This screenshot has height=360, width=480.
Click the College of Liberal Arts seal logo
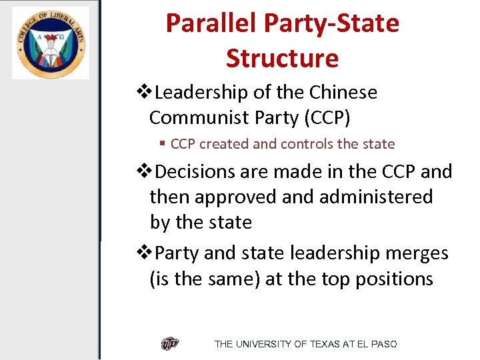(x=50, y=43)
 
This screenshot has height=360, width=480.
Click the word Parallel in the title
(x=211, y=23)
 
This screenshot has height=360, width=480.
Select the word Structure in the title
(x=282, y=58)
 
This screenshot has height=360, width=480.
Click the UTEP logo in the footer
(x=170, y=344)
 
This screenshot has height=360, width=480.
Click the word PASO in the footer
(x=383, y=344)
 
